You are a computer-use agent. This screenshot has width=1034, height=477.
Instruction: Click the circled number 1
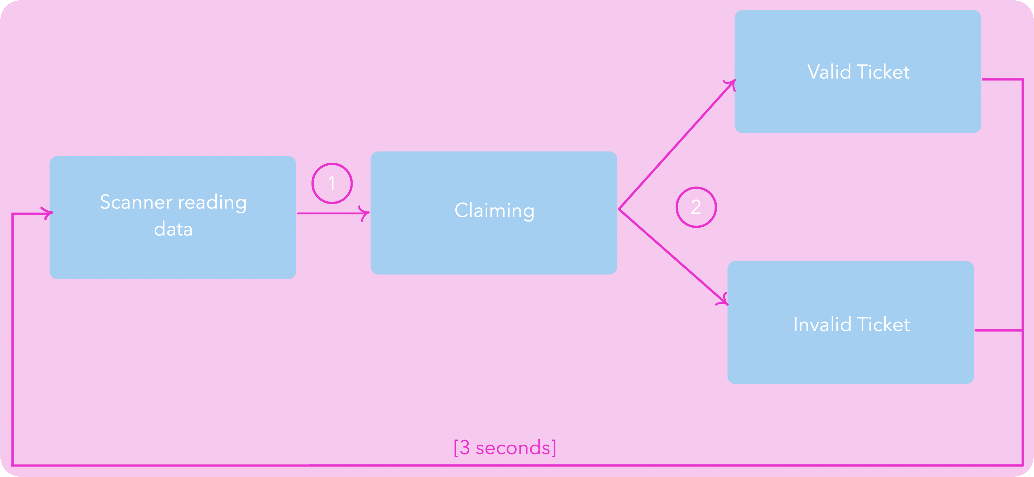(x=332, y=183)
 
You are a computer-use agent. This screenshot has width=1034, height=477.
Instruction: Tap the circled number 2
(x=696, y=207)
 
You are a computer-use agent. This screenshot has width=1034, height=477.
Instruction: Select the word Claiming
(x=494, y=210)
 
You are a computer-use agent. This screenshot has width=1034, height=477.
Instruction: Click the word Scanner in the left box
(x=136, y=202)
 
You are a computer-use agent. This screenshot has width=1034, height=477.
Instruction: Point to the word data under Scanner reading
(x=173, y=229)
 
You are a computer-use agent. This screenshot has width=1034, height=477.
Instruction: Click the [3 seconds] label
(x=505, y=447)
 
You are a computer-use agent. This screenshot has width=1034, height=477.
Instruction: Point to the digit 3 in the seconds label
(x=464, y=447)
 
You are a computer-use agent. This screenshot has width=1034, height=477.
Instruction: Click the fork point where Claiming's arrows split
(x=619, y=209)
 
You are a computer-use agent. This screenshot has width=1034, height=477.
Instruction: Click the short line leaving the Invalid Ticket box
(x=998, y=330)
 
